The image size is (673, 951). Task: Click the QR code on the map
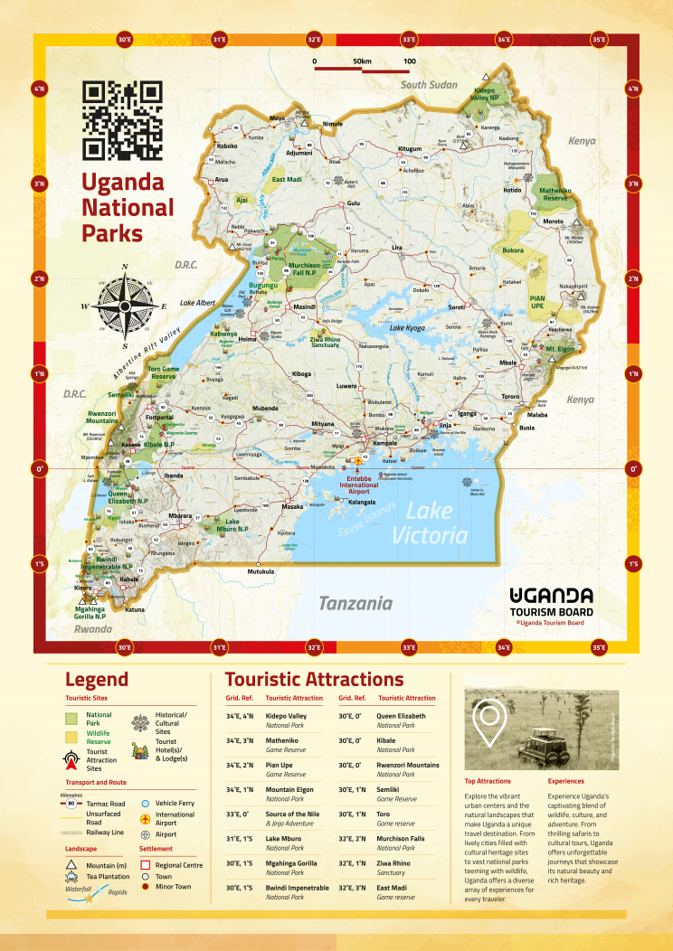click(x=122, y=119)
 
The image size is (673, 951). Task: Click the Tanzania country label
click(x=355, y=603)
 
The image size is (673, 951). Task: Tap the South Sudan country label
click(x=430, y=84)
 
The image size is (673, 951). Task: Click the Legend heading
click(x=97, y=680)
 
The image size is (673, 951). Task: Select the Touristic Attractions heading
click(x=314, y=680)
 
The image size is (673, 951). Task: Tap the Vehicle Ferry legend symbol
click(x=146, y=803)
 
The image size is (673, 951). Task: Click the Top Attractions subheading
click(x=488, y=781)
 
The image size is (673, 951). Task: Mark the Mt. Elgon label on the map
click(x=562, y=348)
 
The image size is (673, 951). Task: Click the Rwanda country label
click(x=92, y=629)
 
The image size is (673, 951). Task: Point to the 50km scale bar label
click(x=362, y=61)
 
